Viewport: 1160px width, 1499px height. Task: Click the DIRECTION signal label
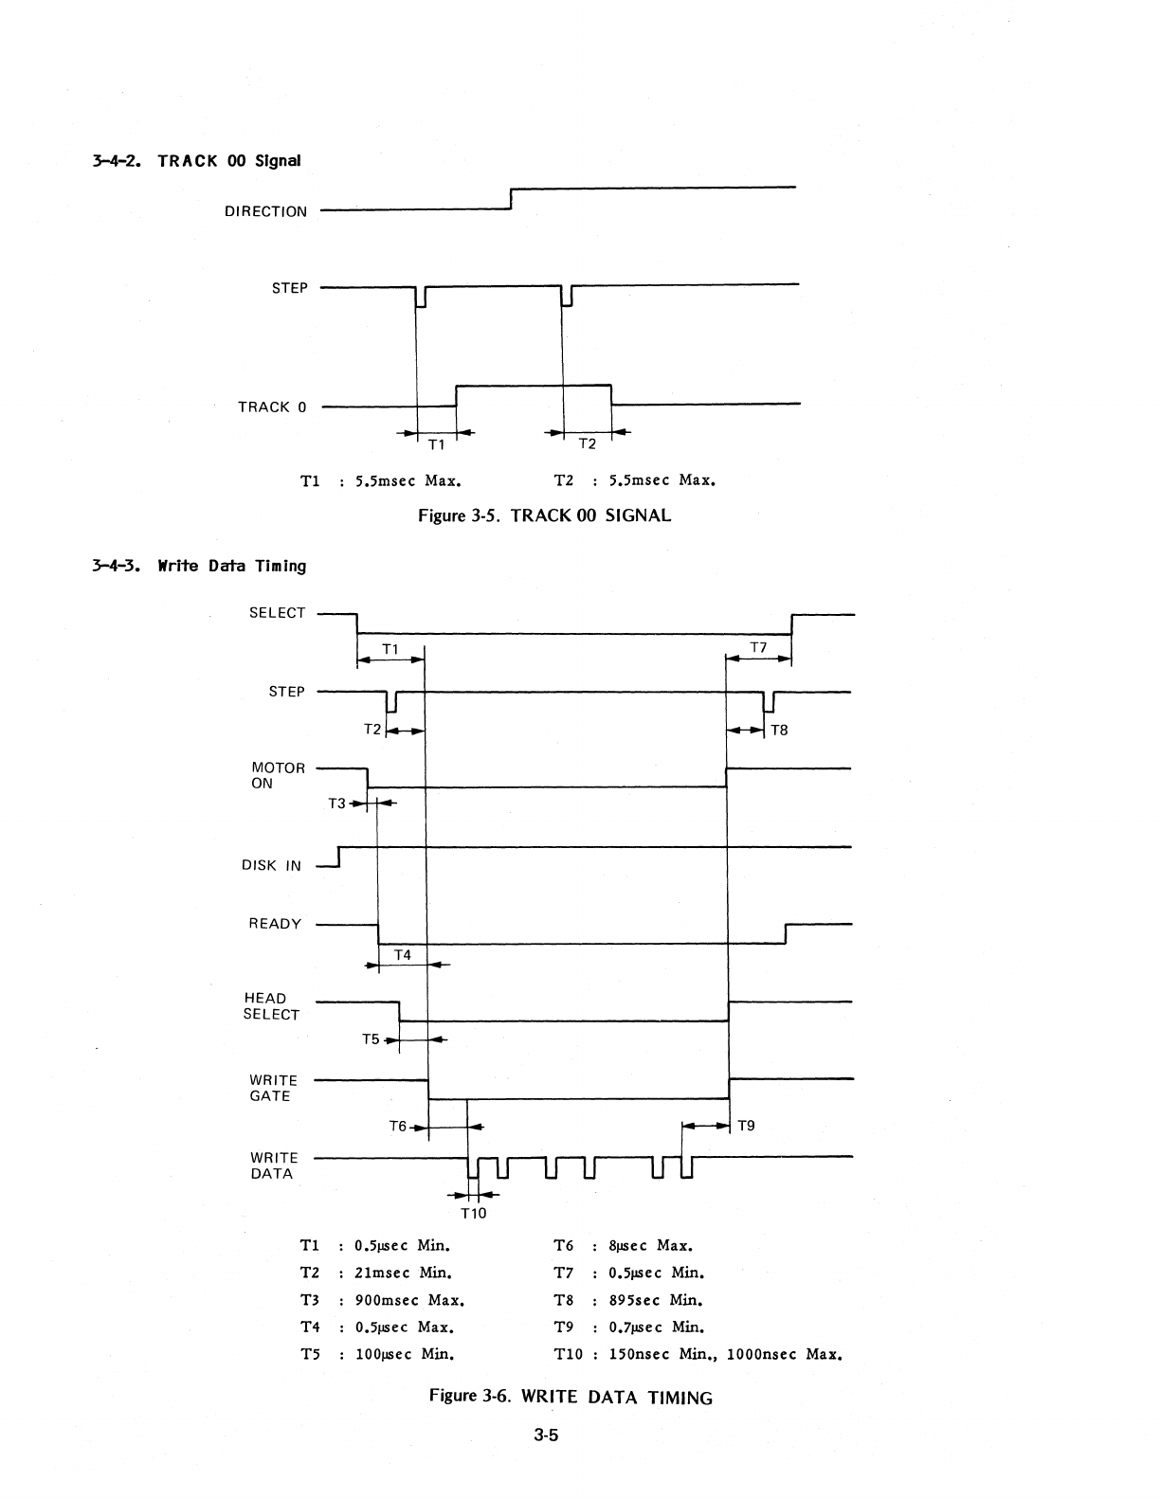265,211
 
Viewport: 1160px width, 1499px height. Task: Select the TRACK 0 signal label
272,407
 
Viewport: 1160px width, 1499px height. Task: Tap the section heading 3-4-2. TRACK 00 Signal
197,160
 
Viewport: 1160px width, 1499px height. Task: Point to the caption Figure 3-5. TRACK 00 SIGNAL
545,515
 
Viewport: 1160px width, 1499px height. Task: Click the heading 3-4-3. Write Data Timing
199,567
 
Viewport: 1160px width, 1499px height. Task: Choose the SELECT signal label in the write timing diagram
277,613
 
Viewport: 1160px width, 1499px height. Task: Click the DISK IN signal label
271,865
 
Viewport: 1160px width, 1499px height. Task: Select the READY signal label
275,924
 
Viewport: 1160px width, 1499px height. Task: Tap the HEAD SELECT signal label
271,1006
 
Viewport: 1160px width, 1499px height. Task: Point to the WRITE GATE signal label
273,1088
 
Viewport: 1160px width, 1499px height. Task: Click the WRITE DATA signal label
273,1165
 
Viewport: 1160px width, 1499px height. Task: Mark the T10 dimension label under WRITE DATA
473,1214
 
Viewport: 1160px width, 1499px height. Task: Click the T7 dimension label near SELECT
758,647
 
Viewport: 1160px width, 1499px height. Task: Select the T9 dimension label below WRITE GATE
746,1126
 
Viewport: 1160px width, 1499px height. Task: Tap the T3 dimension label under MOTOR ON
336,804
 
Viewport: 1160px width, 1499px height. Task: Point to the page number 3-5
547,1436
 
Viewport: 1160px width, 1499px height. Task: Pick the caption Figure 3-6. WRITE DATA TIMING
571,1397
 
